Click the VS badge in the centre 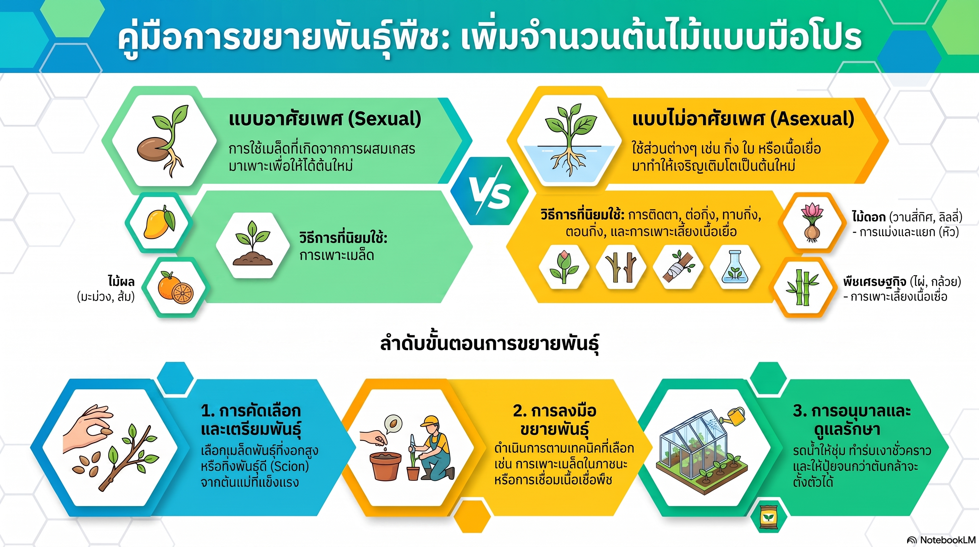coord(489,191)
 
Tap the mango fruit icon coord(158,222)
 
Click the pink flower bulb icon coord(812,223)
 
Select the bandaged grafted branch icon coord(678,266)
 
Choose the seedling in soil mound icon coord(252,244)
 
